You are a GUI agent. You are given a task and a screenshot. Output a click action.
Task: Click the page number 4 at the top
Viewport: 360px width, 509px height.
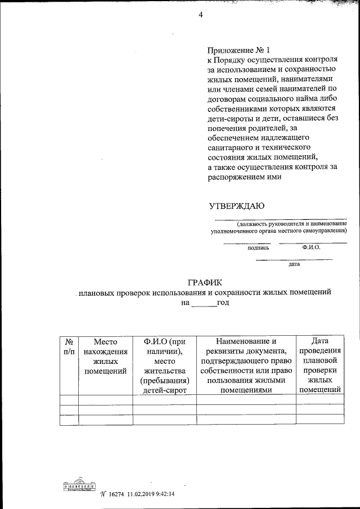[200, 15]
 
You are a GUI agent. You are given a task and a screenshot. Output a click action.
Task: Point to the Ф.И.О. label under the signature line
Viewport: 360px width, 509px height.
[310, 246]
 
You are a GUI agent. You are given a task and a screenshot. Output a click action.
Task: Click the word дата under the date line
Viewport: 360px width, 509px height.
[294, 263]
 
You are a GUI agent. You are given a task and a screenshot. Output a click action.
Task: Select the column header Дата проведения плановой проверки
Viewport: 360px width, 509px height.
[320, 364]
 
